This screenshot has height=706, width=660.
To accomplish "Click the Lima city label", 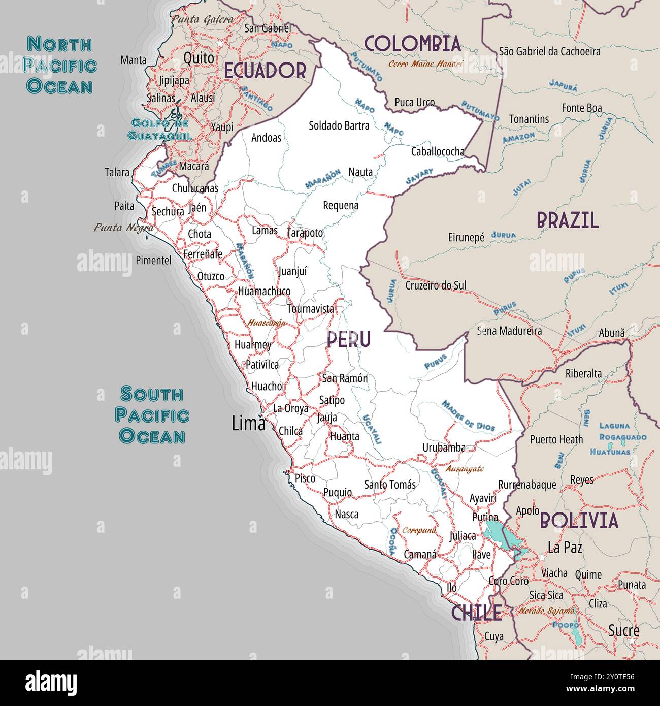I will pos(248,423).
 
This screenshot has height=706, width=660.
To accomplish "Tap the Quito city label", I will pos(199,58).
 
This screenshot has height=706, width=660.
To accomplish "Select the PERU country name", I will pos(348,339).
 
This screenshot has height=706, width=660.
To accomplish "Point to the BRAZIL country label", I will pos(568,220).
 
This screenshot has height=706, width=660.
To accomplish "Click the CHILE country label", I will pos(476,613).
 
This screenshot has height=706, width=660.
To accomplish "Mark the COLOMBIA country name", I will pos(412,44).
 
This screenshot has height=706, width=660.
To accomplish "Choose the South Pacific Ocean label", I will pos(152,415).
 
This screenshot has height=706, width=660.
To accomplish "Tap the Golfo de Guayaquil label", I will pos(160,129).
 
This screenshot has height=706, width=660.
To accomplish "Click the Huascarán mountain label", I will pos(267,322).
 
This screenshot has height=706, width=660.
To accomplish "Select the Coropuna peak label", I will pos(419,530).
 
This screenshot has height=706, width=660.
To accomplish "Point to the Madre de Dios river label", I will pos(468,415).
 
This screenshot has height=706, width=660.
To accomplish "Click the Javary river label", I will pos(419,176).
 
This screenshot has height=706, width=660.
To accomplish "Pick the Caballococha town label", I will pos(438,151).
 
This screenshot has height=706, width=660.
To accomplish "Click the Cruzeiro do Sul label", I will pos(435,285).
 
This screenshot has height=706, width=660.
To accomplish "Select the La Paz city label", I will pos(565,548).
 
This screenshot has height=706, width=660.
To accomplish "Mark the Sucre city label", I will pos(623,631).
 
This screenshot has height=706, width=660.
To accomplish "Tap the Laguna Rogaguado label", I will pos(622,431).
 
